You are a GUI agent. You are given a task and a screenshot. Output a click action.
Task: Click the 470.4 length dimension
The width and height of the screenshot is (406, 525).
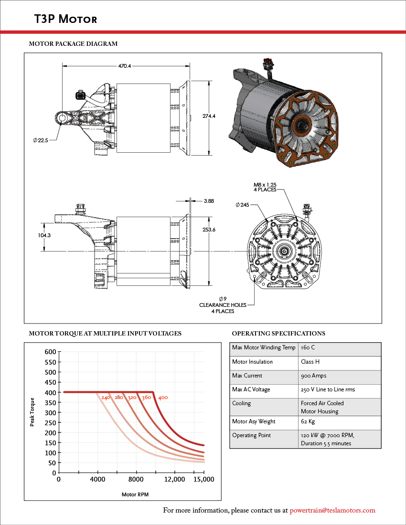pyautogui.click(x=125, y=66)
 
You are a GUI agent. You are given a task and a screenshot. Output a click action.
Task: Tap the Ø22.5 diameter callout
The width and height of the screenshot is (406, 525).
pyautogui.click(x=41, y=140)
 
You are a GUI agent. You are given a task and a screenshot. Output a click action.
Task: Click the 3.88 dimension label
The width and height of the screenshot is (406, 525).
pyautogui.click(x=208, y=201)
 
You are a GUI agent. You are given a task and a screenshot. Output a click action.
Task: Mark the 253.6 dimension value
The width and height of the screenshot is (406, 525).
pyautogui.click(x=209, y=230)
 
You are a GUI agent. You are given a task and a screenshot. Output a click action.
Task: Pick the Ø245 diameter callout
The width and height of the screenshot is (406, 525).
pyautogui.click(x=243, y=205)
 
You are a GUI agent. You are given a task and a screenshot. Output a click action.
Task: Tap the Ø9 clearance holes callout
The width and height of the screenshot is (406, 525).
pyautogui.click(x=223, y=305)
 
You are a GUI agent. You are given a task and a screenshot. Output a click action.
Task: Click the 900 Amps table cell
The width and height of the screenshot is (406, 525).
pyautogui.click(x=314, y=376)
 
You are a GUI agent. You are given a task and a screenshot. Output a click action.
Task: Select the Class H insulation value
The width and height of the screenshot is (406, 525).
pyautogui.click(x=310, y=362)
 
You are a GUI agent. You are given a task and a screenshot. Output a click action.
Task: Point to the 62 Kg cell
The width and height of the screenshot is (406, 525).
pyautogui.click(x=308, y=421)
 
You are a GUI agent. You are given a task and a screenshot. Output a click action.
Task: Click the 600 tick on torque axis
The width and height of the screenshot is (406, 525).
pyautogui.click(x=50, y=352)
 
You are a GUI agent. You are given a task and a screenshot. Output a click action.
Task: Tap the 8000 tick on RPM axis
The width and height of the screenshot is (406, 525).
pyautogui.click(x=136, y=479)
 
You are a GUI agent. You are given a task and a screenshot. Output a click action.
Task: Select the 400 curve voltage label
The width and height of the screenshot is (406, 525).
pyautogui.click(x=163, y=398)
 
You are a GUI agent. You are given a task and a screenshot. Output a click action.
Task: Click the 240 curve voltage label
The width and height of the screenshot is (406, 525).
pyautogui.click(x=106, y=398)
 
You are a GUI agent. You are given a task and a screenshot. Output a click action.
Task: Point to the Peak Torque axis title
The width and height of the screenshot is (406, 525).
pyautogui.click(x=32, y=412)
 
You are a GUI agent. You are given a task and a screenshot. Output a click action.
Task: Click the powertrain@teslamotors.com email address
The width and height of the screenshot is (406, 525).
pyautogui.click(x=332, y=510)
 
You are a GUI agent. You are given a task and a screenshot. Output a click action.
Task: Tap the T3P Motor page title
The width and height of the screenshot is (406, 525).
pyautogui.click(x=65, y=19)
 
